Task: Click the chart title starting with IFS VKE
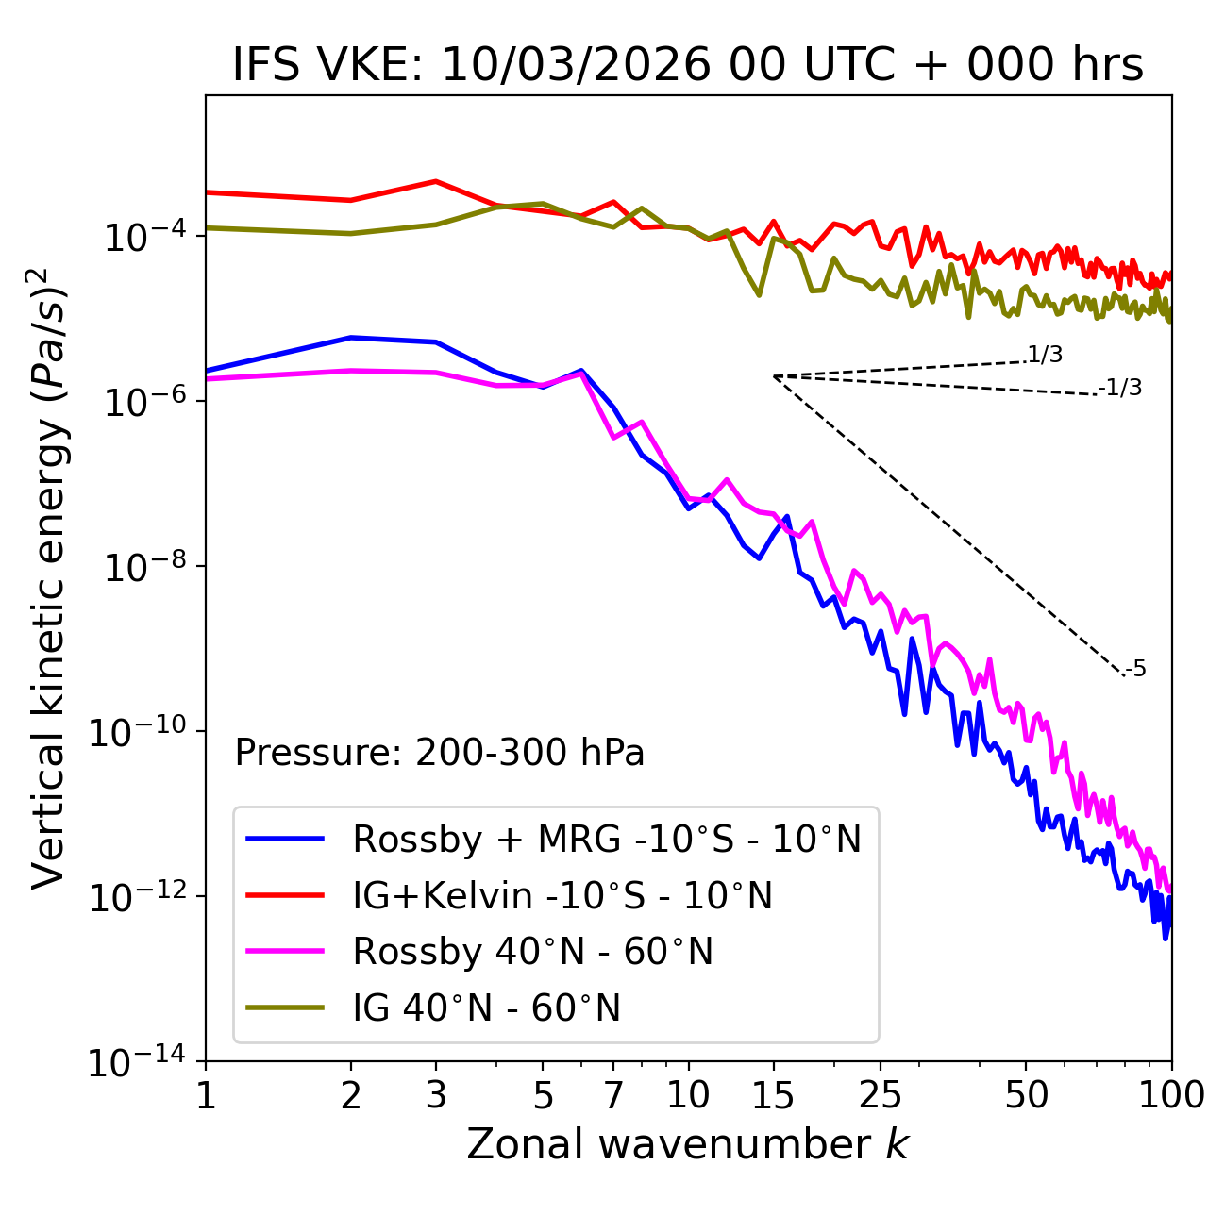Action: (x=688, y=65)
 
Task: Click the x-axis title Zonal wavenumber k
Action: (x=688, y=1143)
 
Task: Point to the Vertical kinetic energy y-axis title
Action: (x=49, y=577)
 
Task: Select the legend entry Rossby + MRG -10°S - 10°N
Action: (x=607, y=839)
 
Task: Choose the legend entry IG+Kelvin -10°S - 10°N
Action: (x=562, y=895)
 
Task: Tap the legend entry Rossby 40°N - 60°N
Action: (x=532, y=952)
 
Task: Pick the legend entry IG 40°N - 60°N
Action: (x=486, y=1008)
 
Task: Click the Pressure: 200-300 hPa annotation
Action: (x=440, y=753)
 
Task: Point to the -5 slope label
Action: (x=1135, y=670)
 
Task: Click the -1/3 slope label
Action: (x=1121, y=388)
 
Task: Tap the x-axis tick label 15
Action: (x=773, y=1095)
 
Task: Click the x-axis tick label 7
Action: (x=613, y=1095)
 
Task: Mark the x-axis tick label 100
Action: (x=1171, y=1095)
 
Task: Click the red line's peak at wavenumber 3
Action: (x=436, y=181)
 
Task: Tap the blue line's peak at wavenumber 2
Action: (x=351, y=337)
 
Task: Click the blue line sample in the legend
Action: (x=285, y=839)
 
